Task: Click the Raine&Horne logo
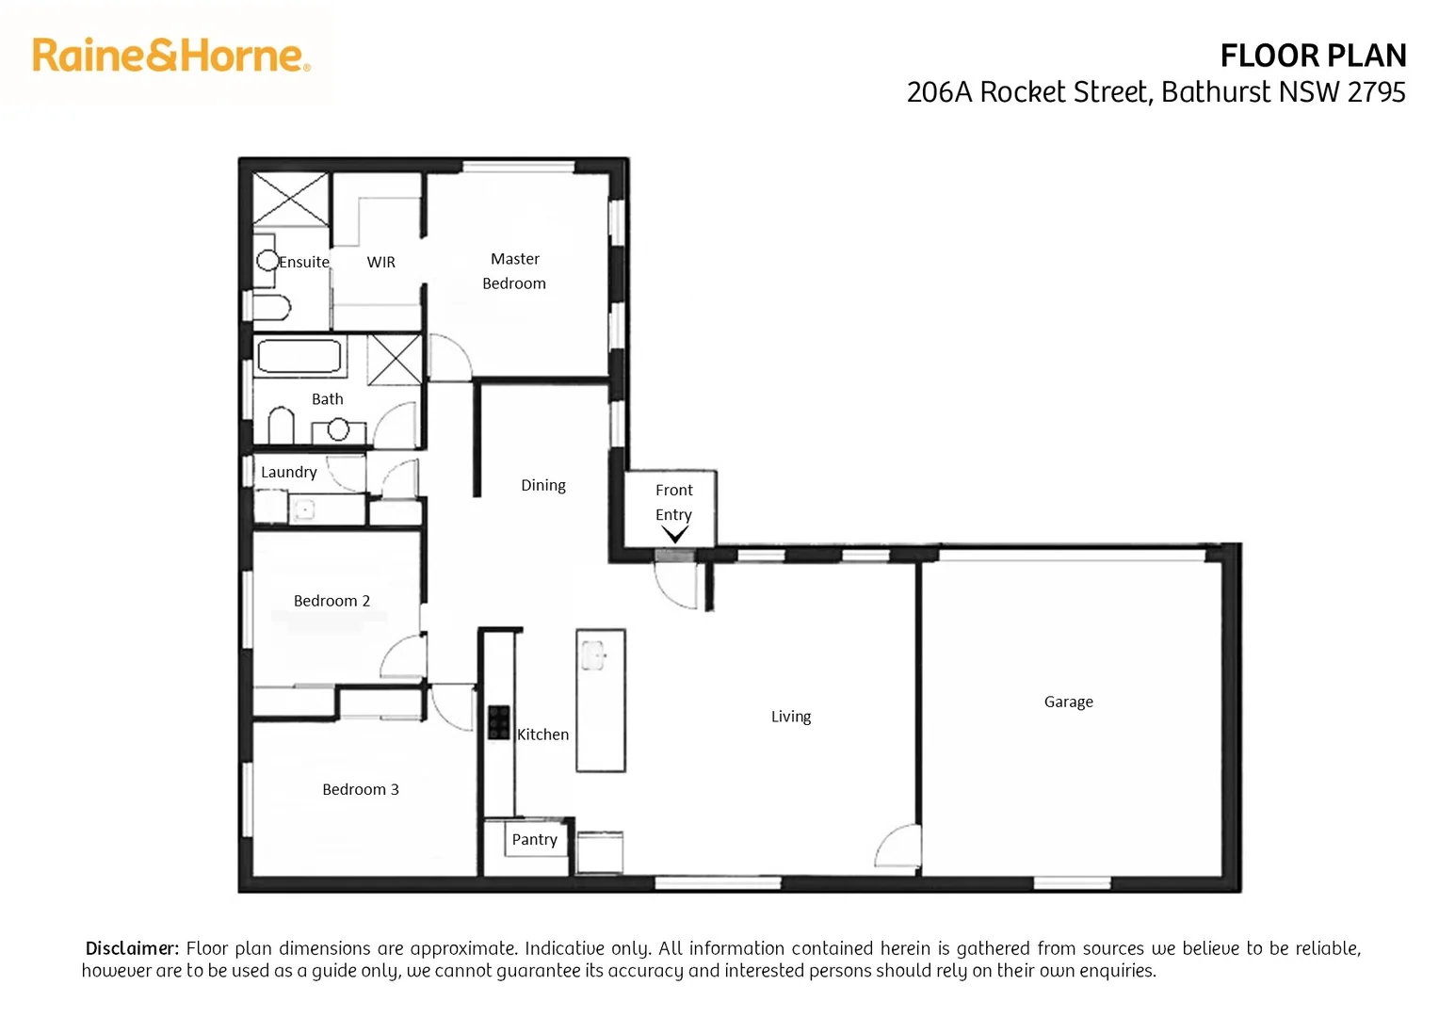click(170, 56)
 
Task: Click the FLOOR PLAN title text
click(1312, 56)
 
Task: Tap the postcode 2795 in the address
click(1376, 92)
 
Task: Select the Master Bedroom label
click(514, 271)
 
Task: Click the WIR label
click(381, 263)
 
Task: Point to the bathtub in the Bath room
click(299, 357)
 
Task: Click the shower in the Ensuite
click(291, 199)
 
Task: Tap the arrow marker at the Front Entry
click(674, 535)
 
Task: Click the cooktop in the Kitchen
click(499, 722)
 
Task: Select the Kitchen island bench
click(601, 701)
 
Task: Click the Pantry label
click(534, 840)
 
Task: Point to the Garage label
click(1068, 702)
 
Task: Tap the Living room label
click(790, 717)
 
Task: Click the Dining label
click(543, 486)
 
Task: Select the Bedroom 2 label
click(331, 601)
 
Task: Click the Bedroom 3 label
click(360, 790)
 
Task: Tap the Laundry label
click(288, 473)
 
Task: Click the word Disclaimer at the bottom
click(132, 948)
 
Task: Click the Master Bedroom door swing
click(449, 357)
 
